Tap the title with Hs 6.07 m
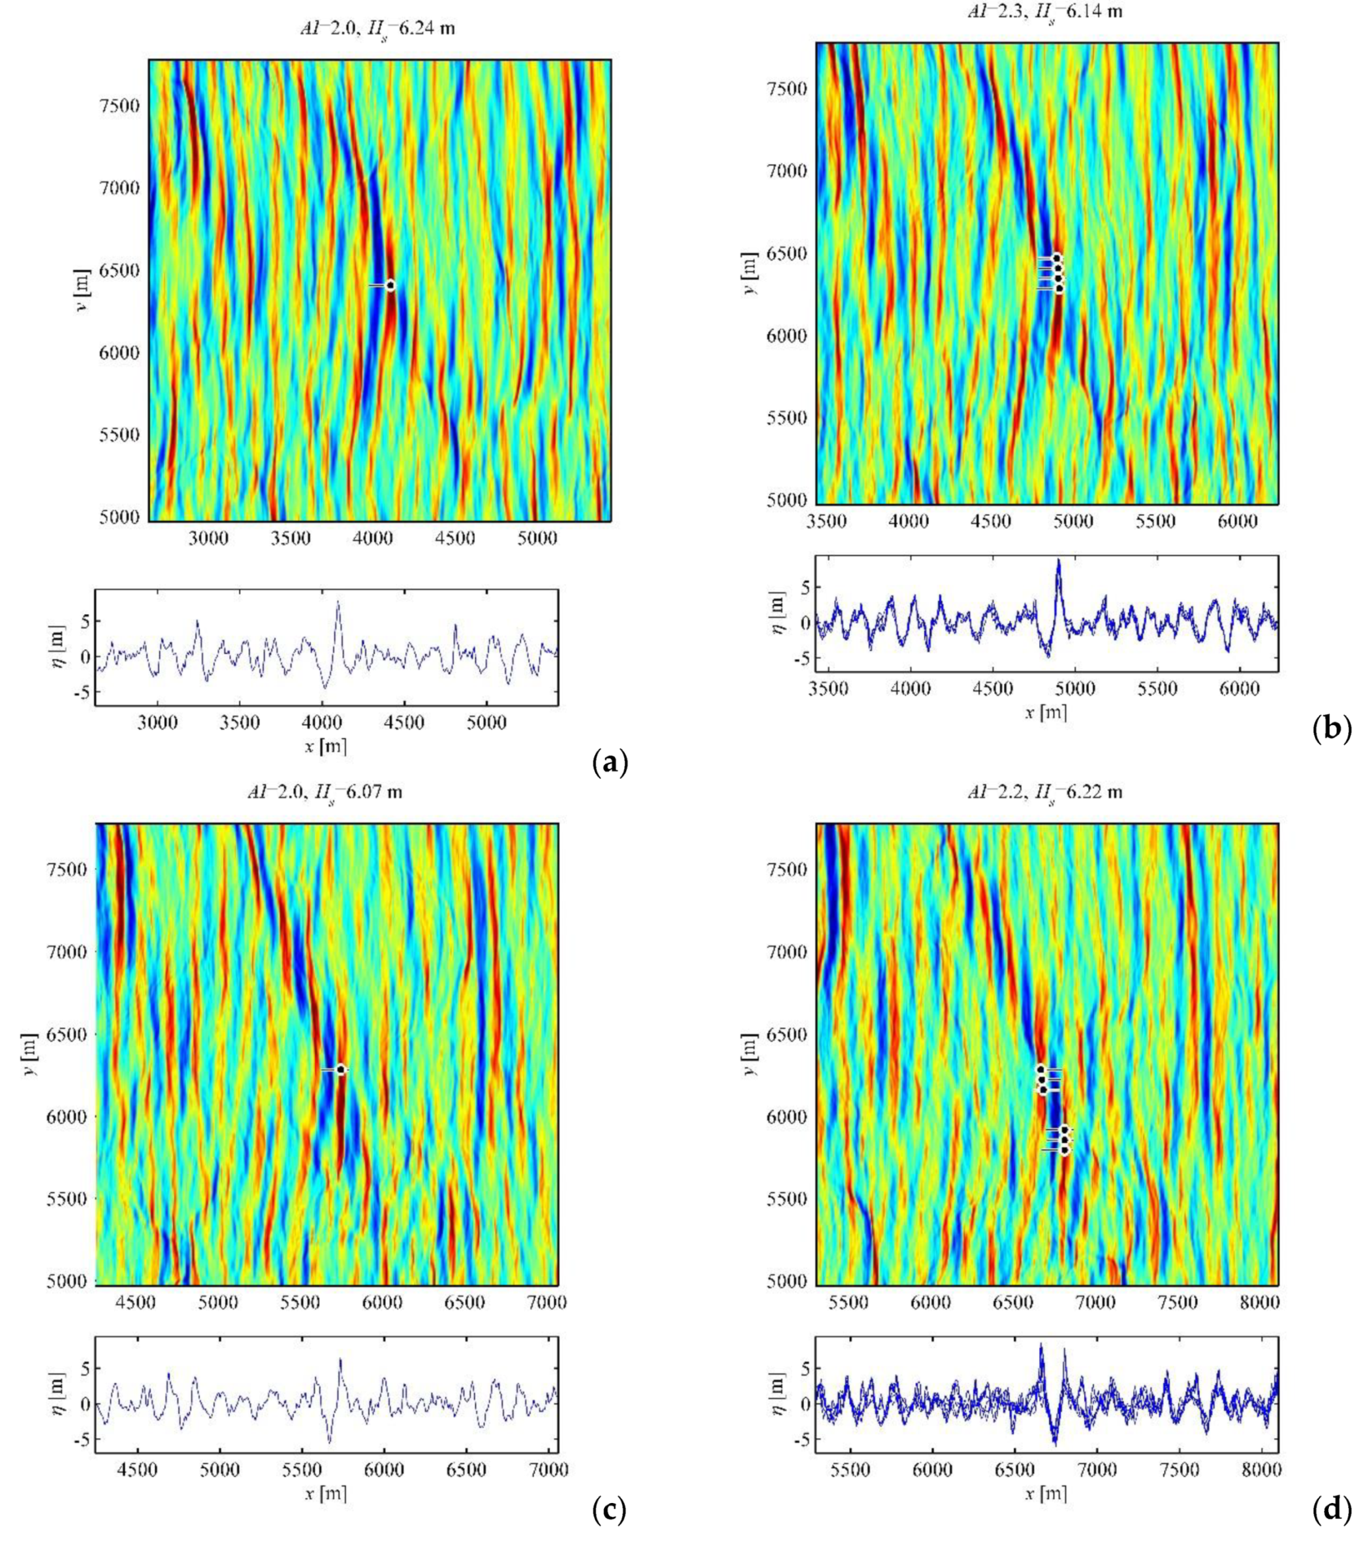coord(326,792)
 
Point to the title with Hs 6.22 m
coord(1046,792)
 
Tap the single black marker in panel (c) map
coord(341,1070)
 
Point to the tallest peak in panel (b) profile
coord(1058,561)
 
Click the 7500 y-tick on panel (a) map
coord(120,106)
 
